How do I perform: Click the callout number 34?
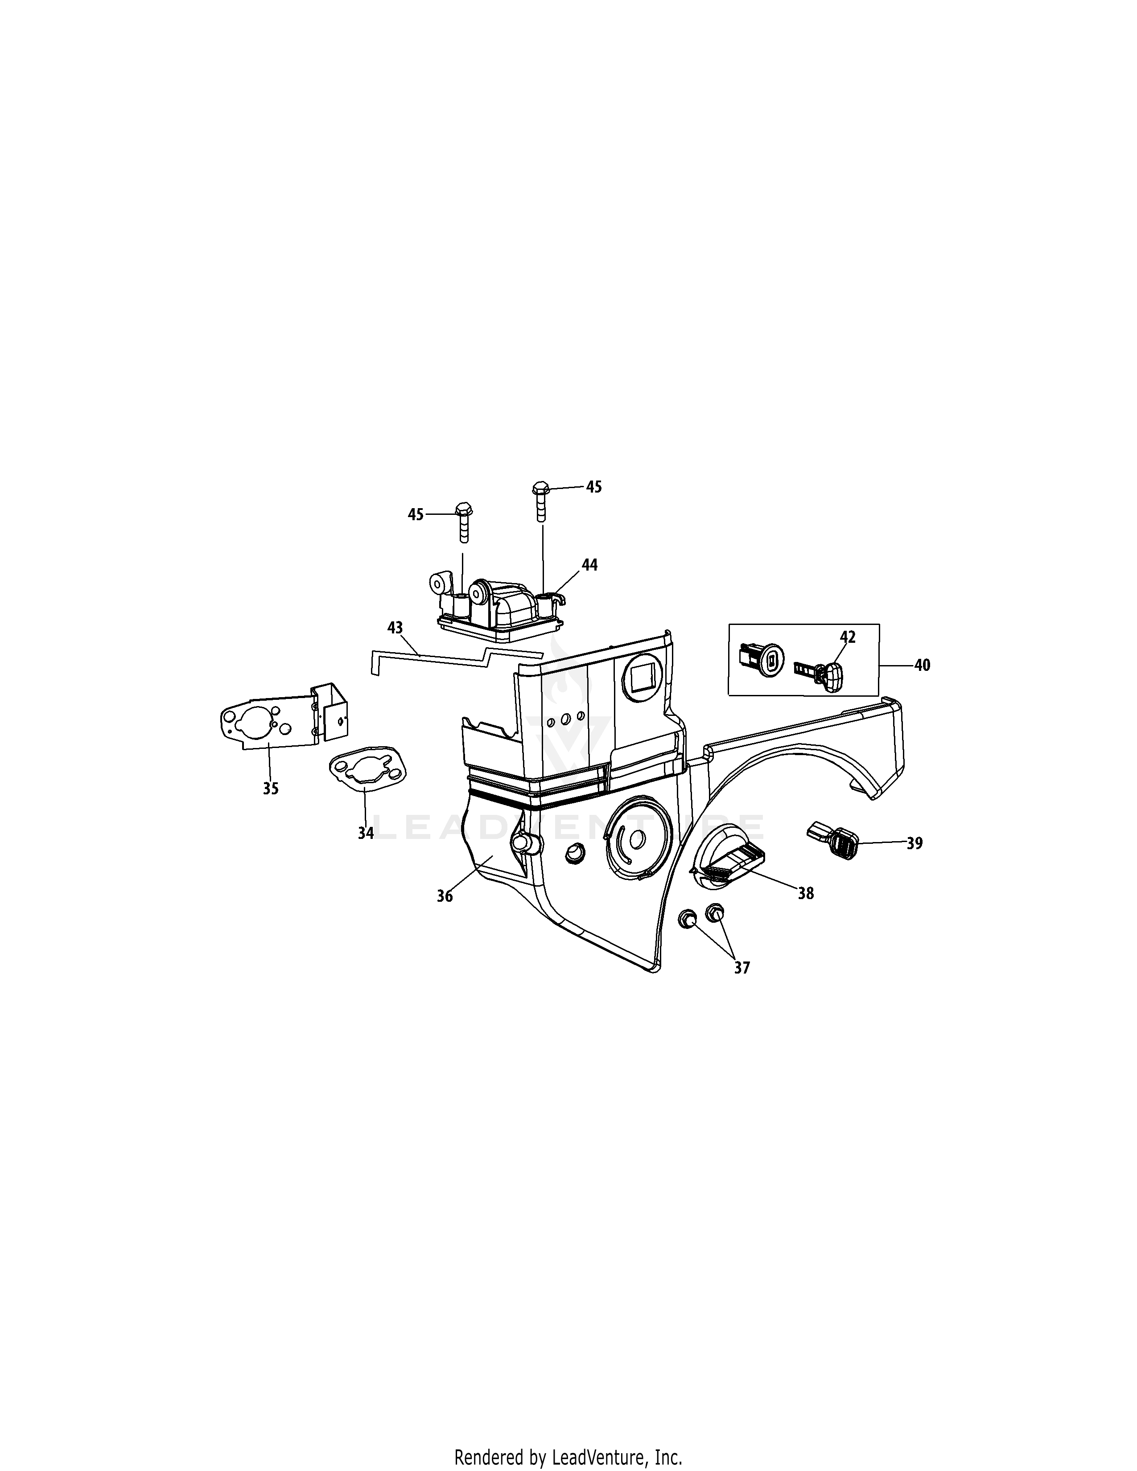(x=365, y=833)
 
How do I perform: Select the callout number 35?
(x=271, y=789)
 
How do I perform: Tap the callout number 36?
(x=445, y=896)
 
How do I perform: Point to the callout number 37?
(x=741, y=968)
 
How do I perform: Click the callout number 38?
(x=806, y=894)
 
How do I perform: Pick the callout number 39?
(x=914, y=843)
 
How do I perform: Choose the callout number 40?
(x=922, y=666)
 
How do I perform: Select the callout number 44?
(x=589, y=565)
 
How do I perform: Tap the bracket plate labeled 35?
(x=269, y=727)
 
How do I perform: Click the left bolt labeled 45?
(x=463, y=522)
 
